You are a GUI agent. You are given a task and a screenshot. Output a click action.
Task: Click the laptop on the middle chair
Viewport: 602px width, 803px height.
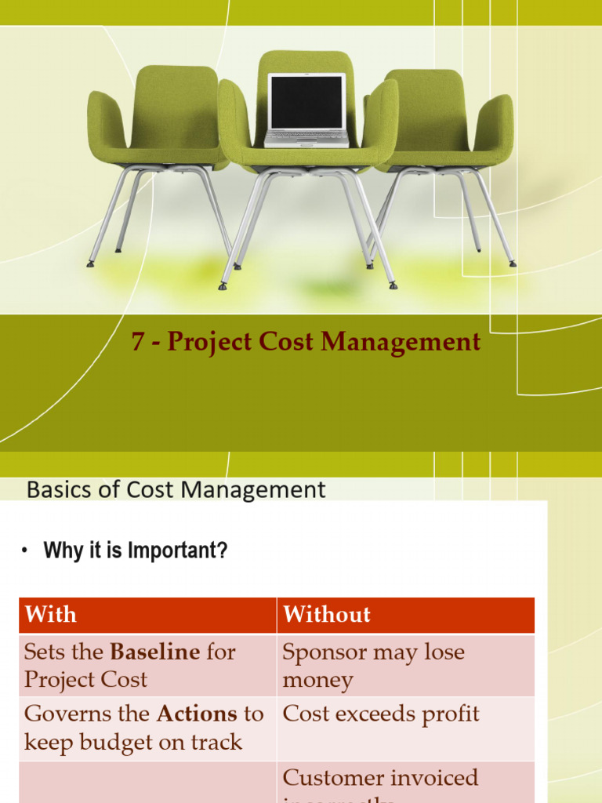pyautogui.click(x=306, y=110)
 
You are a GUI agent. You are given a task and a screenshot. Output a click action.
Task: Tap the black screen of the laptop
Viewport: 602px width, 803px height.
pyautogui.click(x=306, y=101)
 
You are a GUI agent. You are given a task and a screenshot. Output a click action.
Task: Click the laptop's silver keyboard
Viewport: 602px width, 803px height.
pyautogui.click(x=306, y=139)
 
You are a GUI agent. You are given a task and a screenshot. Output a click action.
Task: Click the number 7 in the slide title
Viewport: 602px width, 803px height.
pyautogui.click(x=138, y=343)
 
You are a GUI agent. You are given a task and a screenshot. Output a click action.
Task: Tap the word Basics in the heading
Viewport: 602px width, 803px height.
pyautogui.click(x=54, y=490)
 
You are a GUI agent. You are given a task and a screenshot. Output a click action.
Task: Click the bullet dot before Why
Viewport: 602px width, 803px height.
pyautogui.click(x=24, y=551)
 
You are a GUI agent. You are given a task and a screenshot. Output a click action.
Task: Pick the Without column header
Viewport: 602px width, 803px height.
pyautogui.click(x=327, y=614)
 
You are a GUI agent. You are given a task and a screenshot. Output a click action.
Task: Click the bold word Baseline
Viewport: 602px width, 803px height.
pyautogui.click(x=154, y=652)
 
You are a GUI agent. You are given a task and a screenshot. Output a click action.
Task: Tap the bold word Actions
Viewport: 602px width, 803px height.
pyautogui.click(x=198, y=714)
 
